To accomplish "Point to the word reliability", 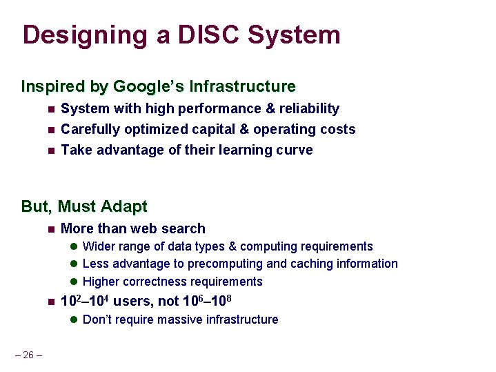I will [308, 108].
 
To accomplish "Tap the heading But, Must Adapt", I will [84, 206].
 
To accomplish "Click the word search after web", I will [184, 228].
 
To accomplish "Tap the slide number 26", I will [28, 355].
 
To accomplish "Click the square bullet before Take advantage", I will [50, 150].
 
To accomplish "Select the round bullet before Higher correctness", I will [73, 282].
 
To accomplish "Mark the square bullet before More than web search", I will [50, 229].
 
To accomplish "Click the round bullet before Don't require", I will [73, 320].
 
